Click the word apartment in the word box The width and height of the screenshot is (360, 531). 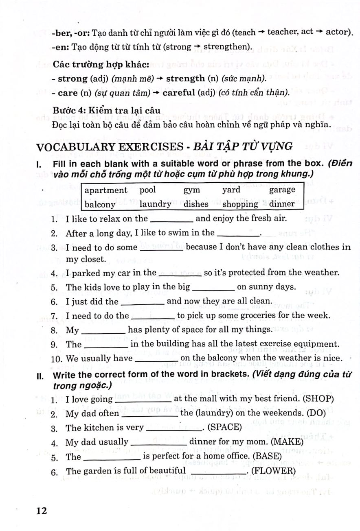(106, 190)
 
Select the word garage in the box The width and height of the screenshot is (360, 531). (282, 190)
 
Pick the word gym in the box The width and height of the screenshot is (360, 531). (191, 190)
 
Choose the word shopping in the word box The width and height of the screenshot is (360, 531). (240, 204)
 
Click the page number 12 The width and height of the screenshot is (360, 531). (42, 510)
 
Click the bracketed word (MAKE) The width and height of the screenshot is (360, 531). (287, 442)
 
